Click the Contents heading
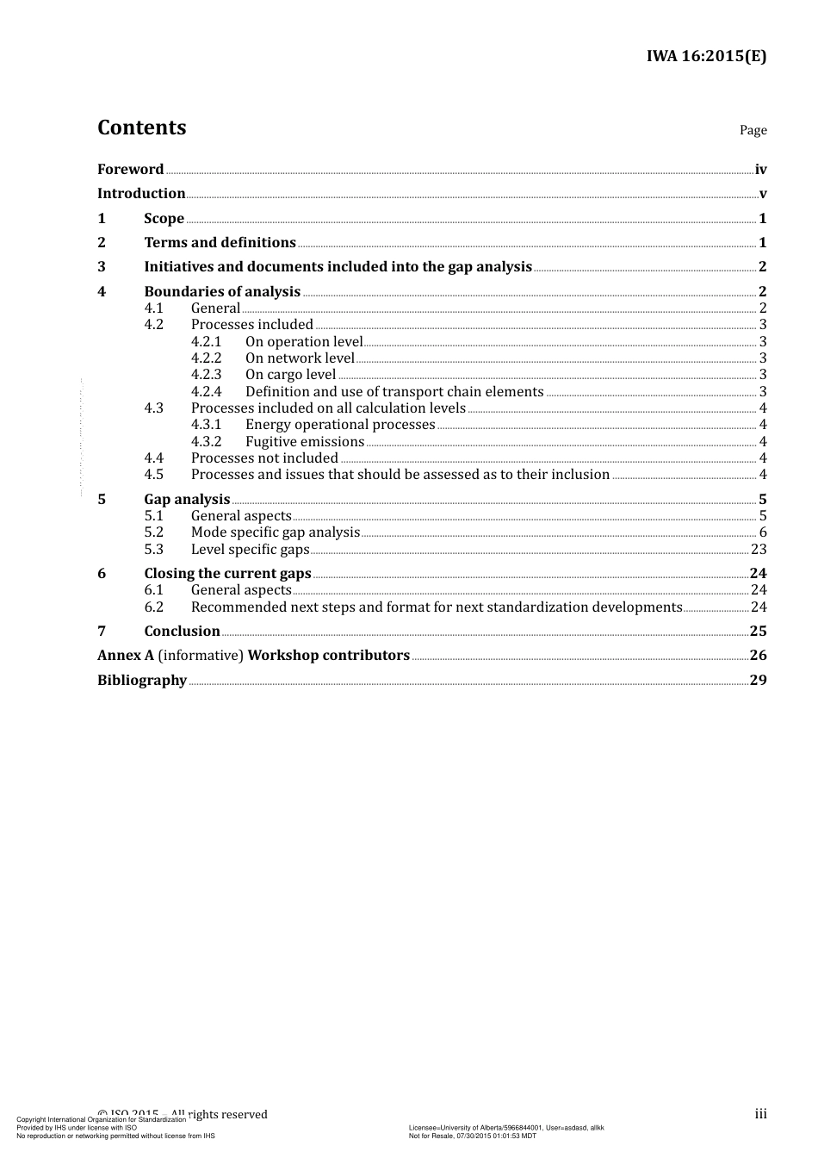(x=141, y=128)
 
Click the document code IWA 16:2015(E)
(x=706, y=57)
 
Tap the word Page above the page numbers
(x=753, y=130)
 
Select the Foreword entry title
(x=130, y=169)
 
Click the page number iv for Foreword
(x=760, y=170)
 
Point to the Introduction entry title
(x=141, y=193)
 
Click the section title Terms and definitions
(x=220, y=242)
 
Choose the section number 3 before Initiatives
(x=102, y=267)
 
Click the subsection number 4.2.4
(x=207, y=392)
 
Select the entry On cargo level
(x=290, y=375)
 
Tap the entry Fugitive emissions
(x=305, y=442)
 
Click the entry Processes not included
(x=264, y=458)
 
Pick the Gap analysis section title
(x=187, y=499)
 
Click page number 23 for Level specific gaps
(x=758, y=550)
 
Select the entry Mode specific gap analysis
(x=275, y=532)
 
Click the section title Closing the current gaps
(x=227, y=574)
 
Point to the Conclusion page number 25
(x=758, y=632)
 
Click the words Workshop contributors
(x=328, y=656)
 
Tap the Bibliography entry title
(x=141, y=681)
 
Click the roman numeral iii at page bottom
(x=760, y=1114)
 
